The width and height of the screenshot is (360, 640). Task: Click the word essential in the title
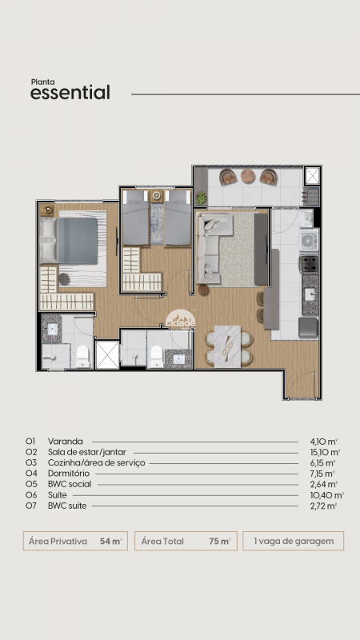tap(70, 93)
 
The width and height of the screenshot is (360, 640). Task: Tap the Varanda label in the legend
tap(66, 442)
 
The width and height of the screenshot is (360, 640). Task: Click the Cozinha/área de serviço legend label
tap(96, 463)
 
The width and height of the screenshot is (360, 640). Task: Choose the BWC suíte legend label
tap(67, 506)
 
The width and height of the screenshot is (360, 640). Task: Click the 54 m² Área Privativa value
tap(111, 542)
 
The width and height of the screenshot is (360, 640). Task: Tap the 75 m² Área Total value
tap(220, 542)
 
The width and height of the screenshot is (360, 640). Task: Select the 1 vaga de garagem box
tap(294, 542)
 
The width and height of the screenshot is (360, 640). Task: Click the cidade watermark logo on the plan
tap(181, 319)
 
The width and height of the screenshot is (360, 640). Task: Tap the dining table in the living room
tap(227, 346)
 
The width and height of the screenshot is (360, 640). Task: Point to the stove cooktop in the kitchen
tap(309, 264)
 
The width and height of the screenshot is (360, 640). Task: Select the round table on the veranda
tap(248, 176)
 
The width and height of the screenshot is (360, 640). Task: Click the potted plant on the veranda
tap(201, 198)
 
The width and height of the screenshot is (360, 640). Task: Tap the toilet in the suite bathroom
tap(82, 356)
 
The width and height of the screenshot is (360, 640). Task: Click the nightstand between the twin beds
tap(157, 196)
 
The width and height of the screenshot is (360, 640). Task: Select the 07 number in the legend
tap(31, 506)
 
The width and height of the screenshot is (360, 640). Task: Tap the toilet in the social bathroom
tap(156, 357)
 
